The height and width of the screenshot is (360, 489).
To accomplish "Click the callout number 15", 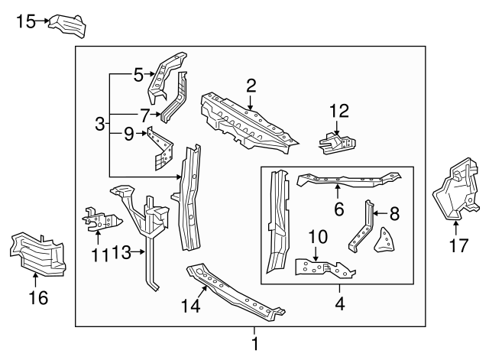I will coord(25,21).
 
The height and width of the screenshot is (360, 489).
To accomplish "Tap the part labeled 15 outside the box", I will coord(67,24).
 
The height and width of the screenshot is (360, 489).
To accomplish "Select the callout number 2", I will coord(251,85).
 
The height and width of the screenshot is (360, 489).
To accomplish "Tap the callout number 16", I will coord(37,297).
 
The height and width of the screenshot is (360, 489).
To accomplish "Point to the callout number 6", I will coord(338,208).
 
